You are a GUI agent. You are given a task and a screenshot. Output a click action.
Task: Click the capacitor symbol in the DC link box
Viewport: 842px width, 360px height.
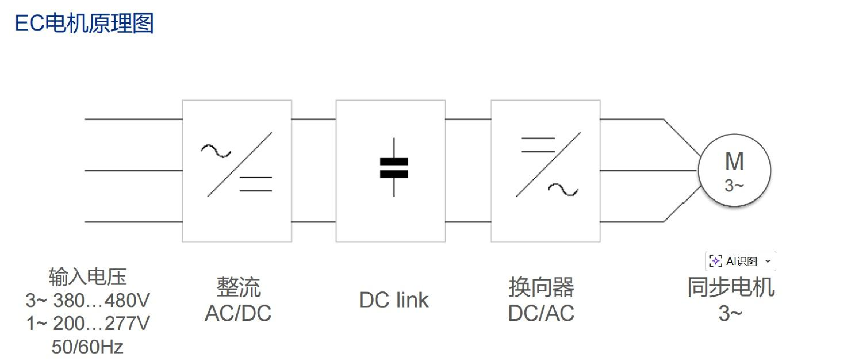coord(394,167)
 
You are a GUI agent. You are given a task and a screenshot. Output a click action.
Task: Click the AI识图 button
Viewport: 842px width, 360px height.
coord(740,261)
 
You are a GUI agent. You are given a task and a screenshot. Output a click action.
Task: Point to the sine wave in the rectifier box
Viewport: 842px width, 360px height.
coord(216,151)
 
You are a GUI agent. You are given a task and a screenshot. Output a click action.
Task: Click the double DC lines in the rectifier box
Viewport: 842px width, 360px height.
coord(256,184)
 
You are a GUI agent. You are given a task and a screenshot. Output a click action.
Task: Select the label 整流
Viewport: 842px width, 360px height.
coord(239,287)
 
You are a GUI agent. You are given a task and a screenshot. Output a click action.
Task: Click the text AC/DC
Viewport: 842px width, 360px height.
coord(238,313)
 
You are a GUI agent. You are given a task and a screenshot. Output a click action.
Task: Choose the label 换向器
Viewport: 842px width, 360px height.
coord(541,287)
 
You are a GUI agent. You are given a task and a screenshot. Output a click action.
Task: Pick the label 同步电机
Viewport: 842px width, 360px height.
coord(731,287)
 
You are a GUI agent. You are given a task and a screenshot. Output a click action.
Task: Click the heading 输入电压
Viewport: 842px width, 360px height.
coord(88,277)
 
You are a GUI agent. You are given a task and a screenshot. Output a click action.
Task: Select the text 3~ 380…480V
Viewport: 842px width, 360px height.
coord(88,300)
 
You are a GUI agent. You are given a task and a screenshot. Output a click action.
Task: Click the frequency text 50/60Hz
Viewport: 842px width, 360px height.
coord(87,347)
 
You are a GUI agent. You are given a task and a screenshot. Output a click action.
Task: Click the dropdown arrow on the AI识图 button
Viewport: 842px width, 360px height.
coord(768,261)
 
